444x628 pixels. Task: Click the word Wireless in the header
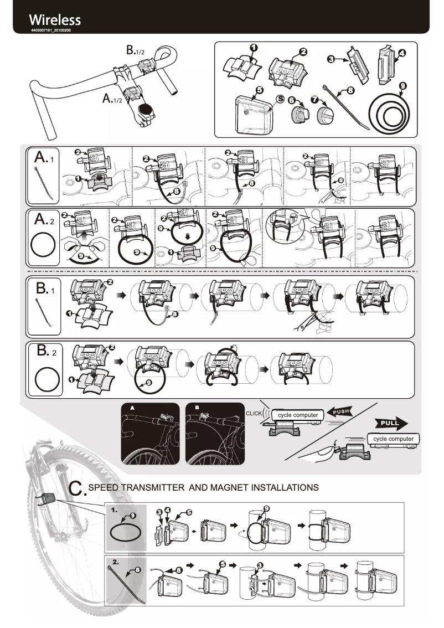pyautogui.click(x=55, y=20)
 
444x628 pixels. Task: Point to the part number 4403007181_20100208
pyautogui.click(x=51, y=30)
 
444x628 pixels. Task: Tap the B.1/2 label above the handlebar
pyautogui.click(x=135, y=50)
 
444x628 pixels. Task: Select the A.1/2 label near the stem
pyautogui.click(x=112, y=99)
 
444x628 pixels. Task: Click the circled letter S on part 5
pyautogui.click(x=280, y=99)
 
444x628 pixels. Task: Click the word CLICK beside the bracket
pyautogui.click(x=254, y=414)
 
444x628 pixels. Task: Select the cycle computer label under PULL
pyautogui.click(x=393, y=439)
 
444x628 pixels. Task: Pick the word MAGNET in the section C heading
pyautogui.click(x=218, y=487)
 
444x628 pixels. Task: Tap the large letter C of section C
pyautogui.click(x=77, y=488)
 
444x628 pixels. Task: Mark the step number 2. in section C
pyautogui.click(x=116, y=562)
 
